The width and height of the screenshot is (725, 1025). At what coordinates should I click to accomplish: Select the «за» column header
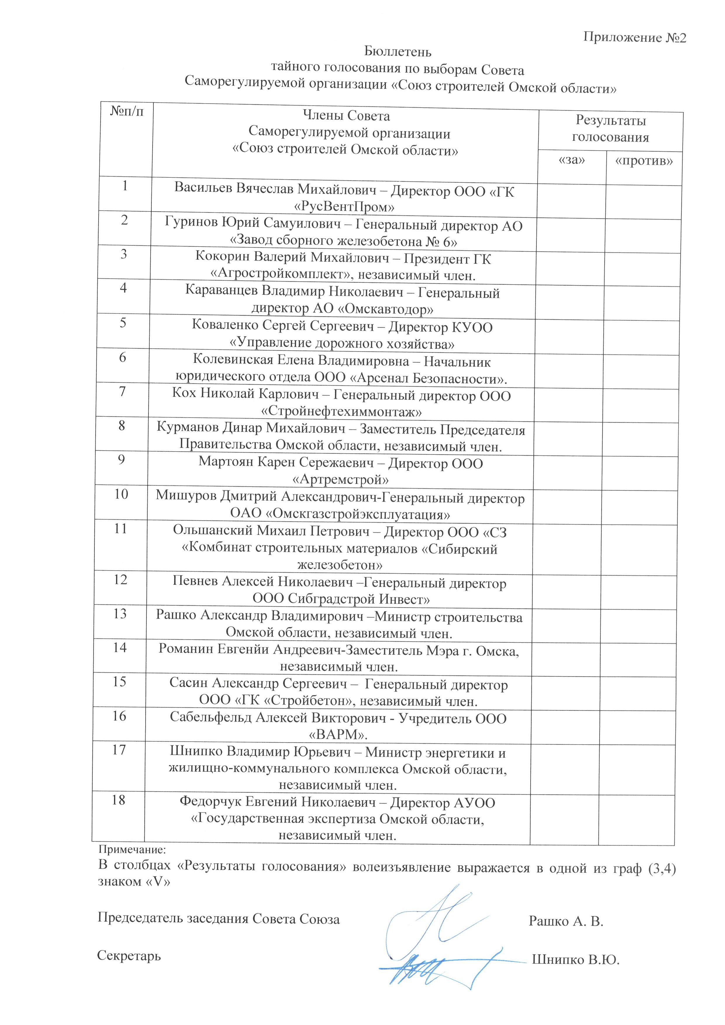(x=572, y=160)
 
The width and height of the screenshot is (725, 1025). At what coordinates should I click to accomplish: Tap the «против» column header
(x=644, y=161)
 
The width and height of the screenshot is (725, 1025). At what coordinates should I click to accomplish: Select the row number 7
(x=122, y=392)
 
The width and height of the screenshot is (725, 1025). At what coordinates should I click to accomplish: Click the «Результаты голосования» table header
(x=610, y=129)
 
